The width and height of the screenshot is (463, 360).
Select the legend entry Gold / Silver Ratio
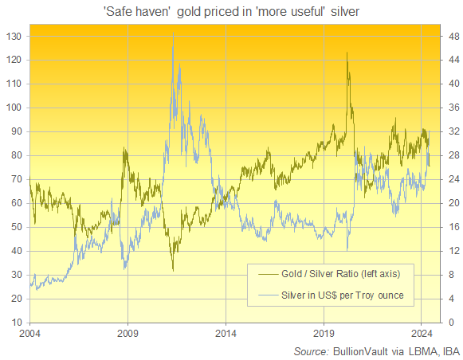tap(335, 273)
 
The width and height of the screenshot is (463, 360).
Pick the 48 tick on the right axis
tap(451, 36)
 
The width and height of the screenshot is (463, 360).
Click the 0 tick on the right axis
tap(449, 323)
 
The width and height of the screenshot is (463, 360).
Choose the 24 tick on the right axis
tap(451, 179)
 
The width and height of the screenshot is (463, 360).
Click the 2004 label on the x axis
tap(30, 334)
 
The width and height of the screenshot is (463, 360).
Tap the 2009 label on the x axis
tap(128, 334)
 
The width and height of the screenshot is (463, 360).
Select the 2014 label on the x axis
tap(226, 334)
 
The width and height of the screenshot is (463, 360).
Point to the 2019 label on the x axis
tap(324, 334)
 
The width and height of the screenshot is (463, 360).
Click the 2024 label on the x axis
tap(421, 334)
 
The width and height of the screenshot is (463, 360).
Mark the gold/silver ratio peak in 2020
tap(347, 53)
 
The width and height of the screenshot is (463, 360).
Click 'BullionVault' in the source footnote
tap(357, 350)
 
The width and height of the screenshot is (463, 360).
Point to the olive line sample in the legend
tap(264, 273)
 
